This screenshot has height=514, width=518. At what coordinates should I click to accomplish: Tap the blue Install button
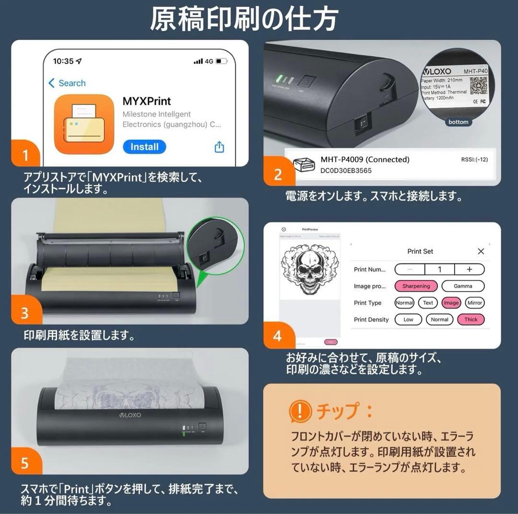pos(144,147)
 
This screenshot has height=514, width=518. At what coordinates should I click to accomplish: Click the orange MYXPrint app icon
pos(84,124)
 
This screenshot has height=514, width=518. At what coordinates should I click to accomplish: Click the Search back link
pos(67,83)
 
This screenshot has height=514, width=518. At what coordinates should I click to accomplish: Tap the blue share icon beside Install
pos(219,147)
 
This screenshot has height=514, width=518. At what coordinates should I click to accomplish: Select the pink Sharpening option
pos(416,286)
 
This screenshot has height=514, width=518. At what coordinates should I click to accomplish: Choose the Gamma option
pos(463,286)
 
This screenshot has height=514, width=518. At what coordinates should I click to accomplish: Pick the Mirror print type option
pos(474,303)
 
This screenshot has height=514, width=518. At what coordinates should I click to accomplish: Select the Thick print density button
pos(471,320)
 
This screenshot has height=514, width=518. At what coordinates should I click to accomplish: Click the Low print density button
pos(408,320)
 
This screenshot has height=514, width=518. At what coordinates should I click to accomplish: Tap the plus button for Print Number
pos(469,269)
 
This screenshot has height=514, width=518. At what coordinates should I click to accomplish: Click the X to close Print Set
pos(481,251)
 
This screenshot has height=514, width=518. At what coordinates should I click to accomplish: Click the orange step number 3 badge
pos(25,313)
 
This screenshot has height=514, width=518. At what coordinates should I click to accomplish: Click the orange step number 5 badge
pos(25,463)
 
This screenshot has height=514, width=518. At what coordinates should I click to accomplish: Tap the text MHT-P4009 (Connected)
pos(365,159)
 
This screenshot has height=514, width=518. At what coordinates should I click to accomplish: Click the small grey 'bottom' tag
pos(458,122)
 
